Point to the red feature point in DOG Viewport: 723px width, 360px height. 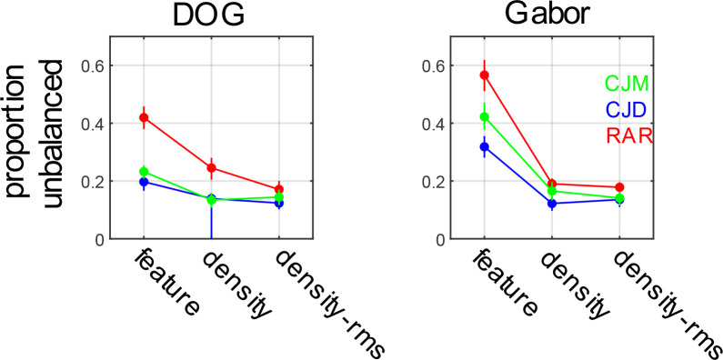pyautogui.click(x=144, y=118)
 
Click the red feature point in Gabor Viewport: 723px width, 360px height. pyautogui.click(x=485, y=75)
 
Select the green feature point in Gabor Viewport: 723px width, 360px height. pyautogui.click(x=485, y=116)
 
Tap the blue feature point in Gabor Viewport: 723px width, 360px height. pyautogui.click(x=485, y=146)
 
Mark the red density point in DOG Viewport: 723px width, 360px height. pyautogui.click(x=211, y=168)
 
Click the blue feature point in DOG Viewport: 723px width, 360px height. pyautogui.click(x=144, y=182)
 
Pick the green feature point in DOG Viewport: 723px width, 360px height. pyautogui.click(x=144, y=172)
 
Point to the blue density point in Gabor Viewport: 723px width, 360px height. pyautogui.click(x=552, y=204)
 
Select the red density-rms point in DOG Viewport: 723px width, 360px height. pyautogui.click(x=278, y=189)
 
